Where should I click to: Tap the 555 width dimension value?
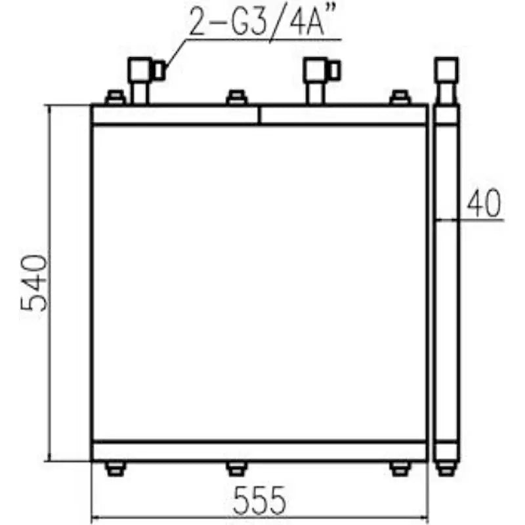coord(260,501)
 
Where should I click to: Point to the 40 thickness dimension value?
coord(484,203)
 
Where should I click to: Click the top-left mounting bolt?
coord(115,98)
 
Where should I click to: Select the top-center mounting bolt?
coord(236,98)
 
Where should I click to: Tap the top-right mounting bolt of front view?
coord(400,98)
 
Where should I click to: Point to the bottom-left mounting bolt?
coord(115,468)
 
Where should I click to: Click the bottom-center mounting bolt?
coord(236,468)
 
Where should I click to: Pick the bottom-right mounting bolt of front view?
coord(400,468)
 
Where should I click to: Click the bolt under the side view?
coord(447,469)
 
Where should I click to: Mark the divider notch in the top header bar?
coord(260,114)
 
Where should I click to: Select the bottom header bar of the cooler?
coord(260,451)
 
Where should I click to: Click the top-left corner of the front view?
coord(92,105)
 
